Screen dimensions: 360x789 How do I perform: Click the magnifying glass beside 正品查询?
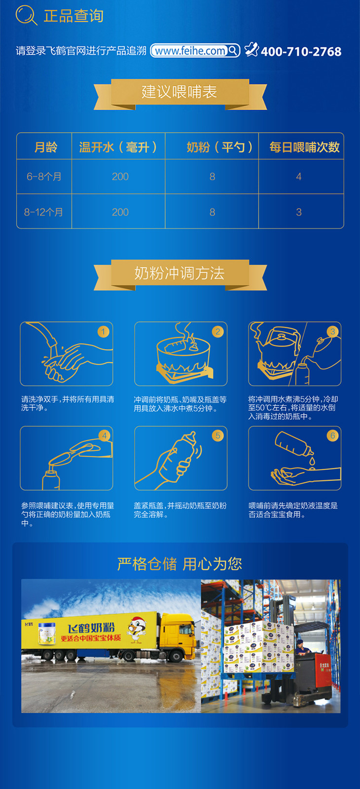26,15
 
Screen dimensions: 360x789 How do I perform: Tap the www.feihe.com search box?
195,50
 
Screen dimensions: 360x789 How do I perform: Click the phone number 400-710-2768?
301,52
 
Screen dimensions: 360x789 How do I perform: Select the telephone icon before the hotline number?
252,49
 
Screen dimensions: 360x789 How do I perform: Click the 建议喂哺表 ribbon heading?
180,92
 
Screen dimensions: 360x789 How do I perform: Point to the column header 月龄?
46,147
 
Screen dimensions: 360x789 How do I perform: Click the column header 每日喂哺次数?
304,147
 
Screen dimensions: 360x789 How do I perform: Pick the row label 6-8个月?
44,177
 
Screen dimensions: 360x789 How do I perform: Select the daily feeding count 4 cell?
299,177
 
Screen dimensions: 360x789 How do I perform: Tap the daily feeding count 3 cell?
299,212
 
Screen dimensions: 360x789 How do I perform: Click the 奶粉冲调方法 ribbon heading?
180,273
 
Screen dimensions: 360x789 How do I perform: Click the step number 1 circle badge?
103,331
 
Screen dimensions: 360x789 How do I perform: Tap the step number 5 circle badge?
217,436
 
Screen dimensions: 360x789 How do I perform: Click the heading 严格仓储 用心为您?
180,564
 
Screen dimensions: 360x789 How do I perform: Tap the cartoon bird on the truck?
137,629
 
